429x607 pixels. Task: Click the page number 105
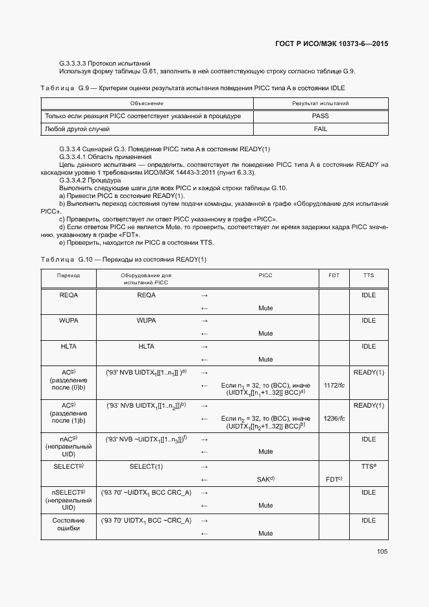382,552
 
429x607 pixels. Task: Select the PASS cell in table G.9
320,116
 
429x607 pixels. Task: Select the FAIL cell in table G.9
320,129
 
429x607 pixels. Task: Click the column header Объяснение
147,103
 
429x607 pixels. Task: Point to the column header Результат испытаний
320,103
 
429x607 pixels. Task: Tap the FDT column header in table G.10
334,275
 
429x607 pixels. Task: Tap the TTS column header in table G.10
368,275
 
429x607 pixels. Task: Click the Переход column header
68,275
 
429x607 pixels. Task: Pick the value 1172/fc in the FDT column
334,385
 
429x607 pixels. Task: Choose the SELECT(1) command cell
146,466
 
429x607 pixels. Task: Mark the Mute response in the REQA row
265,308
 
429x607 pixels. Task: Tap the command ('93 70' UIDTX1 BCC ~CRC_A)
146,521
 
